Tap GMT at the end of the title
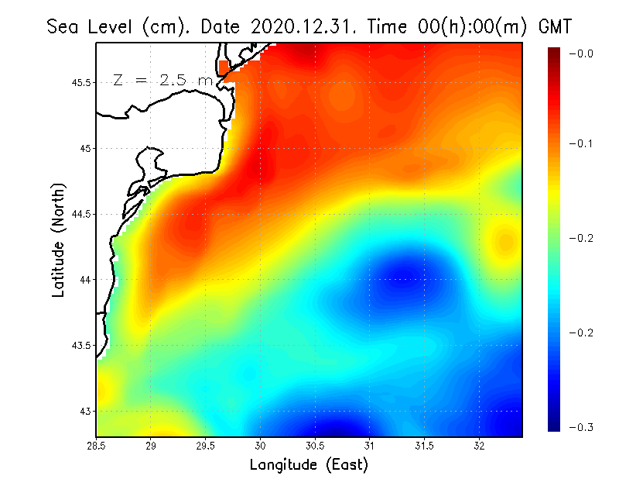point(554,26)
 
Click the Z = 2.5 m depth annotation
point(162,80)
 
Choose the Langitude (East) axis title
point(309,465)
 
